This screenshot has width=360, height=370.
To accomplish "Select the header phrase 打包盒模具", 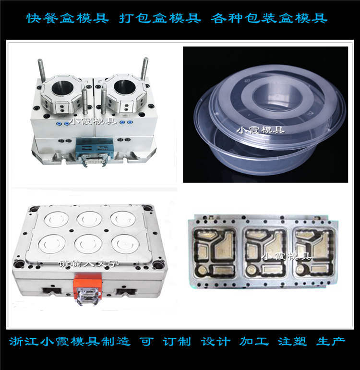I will (x=156, y=19).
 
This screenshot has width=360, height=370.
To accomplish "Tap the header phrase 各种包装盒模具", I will (x=269, y=19).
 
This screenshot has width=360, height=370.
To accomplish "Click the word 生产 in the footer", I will (x=331, y=342).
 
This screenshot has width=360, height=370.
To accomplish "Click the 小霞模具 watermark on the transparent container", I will (x=262, y=129).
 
